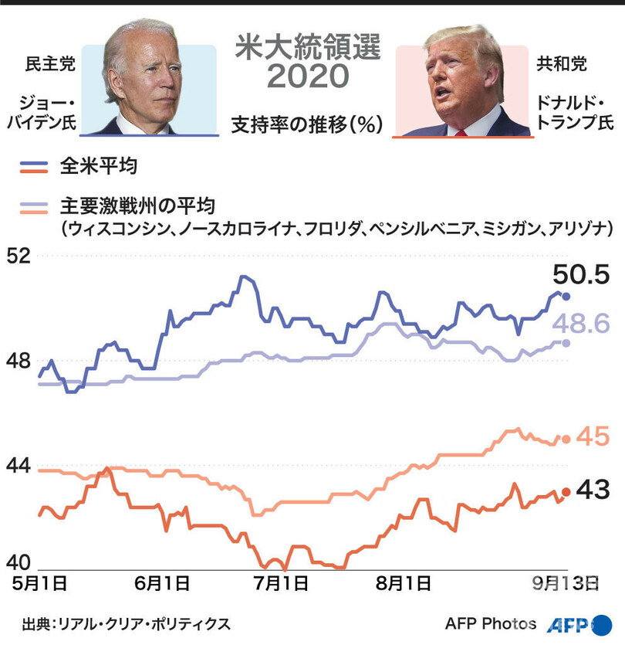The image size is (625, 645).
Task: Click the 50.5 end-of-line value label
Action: pyautogui.click(x=581, y=274)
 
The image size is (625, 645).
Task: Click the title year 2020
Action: pyautogui.click(x=307, y=78)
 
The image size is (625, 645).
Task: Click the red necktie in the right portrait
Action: pyautogui.click(x=461, y=131)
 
